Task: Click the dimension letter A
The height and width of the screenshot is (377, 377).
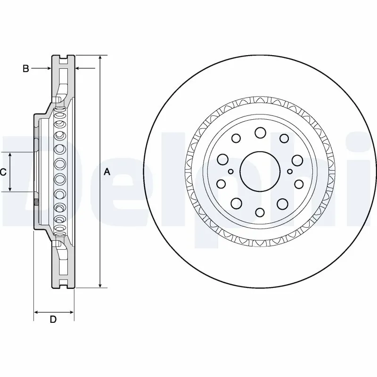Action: tap(107, 172)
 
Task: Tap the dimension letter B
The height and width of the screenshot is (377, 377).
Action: tap(26, 69)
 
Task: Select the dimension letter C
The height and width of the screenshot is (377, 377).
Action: tap(3, 172)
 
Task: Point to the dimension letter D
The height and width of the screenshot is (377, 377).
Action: tap(53, 320)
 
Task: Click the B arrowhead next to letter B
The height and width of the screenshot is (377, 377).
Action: tap(49, 69)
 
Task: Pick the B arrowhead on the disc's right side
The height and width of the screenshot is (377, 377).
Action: tap(78, 69)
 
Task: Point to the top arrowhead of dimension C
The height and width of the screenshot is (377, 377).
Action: tap(10, 155)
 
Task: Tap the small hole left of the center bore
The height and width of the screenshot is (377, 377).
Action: tap(230, 172)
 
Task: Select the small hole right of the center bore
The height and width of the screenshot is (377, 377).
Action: tap(289, 172)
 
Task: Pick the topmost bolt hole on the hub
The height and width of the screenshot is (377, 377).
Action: tap(260, 132)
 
